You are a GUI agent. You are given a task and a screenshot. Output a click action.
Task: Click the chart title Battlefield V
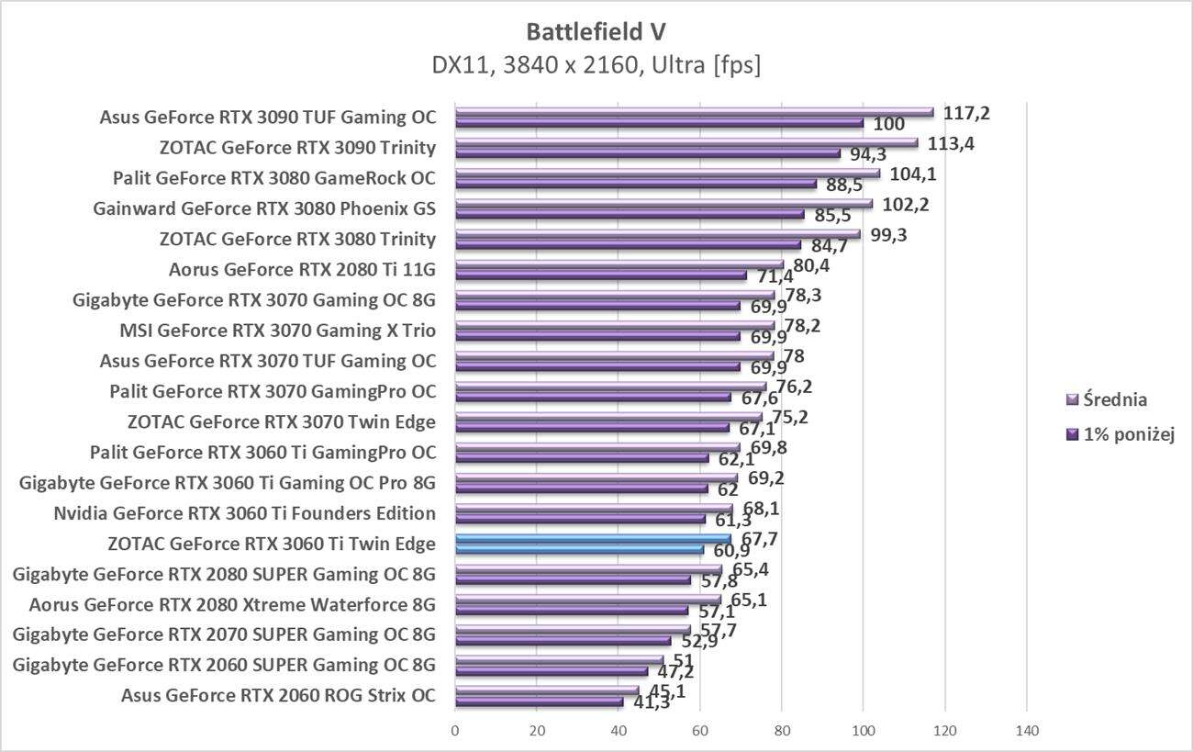coord(596,32)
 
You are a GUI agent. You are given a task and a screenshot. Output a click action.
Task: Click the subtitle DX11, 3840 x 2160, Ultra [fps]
coord(596,65)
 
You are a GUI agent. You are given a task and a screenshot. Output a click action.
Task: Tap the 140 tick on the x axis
coord(1026,731)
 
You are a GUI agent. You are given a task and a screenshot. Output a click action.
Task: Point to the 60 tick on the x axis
coord(700,731)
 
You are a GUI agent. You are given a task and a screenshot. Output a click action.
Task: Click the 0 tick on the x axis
coord(455,731)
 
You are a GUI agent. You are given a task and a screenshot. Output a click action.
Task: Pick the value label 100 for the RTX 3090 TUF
coord(888,124)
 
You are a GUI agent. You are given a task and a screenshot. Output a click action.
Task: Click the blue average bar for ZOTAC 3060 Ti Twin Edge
coord(593,539)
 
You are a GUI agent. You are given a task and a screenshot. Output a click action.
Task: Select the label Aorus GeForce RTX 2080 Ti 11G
coord(302,270)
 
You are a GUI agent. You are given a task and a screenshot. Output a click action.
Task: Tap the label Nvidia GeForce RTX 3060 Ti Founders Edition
coord(245,512)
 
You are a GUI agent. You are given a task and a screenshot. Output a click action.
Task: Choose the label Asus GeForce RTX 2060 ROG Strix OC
coord(278,695)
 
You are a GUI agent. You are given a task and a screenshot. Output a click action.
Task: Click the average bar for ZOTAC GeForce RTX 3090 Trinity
coord(686,143)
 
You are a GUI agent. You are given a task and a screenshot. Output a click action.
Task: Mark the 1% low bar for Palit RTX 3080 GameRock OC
coord(635,184)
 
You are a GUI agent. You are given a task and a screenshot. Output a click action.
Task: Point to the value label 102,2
coord(906,204)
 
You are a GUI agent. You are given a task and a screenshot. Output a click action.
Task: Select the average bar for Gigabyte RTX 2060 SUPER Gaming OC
coord(559,660)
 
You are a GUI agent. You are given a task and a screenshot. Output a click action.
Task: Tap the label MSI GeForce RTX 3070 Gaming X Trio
coord(277,331)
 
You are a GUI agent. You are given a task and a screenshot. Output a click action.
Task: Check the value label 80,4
coord(812,265)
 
